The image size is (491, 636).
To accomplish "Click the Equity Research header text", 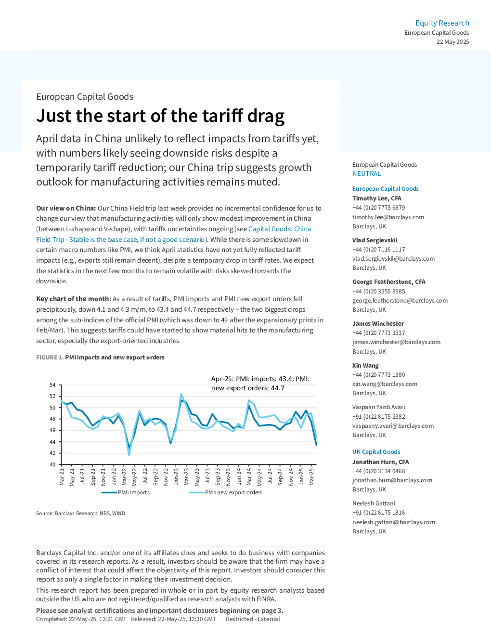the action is click(442, 23).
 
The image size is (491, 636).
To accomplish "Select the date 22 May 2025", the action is click(452, 42).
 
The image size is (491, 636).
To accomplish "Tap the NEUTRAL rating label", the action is click(366, 173).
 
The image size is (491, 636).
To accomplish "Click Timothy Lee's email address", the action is click(388, 217).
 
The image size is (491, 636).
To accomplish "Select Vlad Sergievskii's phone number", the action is click(379, 250).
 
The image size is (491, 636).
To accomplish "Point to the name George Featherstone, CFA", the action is click(388, 281).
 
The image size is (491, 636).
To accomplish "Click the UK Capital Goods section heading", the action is click(376, 451).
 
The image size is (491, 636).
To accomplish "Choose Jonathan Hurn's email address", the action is click(392, 480).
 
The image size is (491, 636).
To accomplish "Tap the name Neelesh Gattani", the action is click(374, 503).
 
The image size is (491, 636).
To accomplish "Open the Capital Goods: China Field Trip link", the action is click(174, 234).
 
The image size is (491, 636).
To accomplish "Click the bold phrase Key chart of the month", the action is click(74, 299).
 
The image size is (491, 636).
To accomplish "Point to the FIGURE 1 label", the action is click(50, 358).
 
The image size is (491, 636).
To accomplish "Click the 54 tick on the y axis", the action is click(52, 385).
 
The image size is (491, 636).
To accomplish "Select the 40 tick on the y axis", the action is click(52, 464).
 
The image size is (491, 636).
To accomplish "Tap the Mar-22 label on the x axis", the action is click(124, 477).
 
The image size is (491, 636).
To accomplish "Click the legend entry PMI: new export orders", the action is click(225, 492).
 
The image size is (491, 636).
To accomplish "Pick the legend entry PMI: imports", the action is click(126, 492).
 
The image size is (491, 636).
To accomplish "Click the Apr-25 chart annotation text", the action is click(260, 384).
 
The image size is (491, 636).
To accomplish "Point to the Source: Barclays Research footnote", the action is click(80, 513).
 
